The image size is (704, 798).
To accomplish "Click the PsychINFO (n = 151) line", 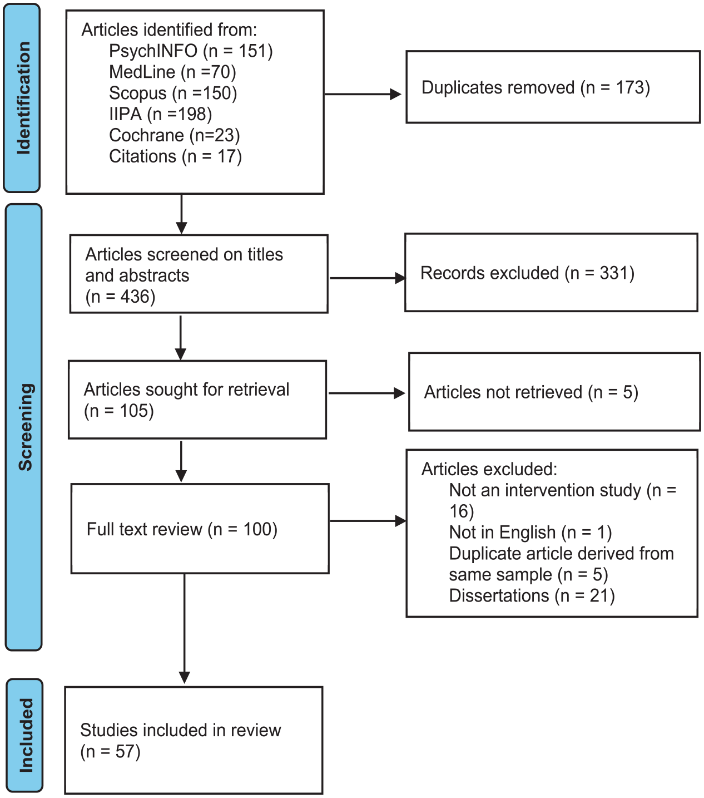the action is pos(191,51).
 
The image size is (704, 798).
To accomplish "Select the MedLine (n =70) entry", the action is pos(172,72).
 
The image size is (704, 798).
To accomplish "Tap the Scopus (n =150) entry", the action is pos(173,93).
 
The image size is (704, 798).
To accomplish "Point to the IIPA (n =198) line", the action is pos(160,114).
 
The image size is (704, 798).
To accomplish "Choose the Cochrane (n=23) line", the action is pos(175,135).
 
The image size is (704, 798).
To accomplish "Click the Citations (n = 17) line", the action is pos(175,156).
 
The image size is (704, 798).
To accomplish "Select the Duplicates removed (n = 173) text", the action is pos(536,87).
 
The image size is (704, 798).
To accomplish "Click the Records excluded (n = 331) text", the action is pos(527,273).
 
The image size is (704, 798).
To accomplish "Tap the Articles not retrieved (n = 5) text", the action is pos(531,392).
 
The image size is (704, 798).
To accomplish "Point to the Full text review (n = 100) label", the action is pos(182,529).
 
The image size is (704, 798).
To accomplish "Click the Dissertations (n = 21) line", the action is pos(532,596).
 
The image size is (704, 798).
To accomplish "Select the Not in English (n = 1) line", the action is pos(531,533).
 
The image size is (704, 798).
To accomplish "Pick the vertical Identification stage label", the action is pos(23,98).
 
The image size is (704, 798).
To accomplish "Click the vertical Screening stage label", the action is pos(26,427).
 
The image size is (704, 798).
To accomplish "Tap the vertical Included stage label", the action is pos(26,735).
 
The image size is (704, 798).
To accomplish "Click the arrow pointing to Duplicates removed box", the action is pos(363,94).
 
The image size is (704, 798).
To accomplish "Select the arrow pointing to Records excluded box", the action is pos(368,278).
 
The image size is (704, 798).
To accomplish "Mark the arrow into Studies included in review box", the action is pos(184,628).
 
